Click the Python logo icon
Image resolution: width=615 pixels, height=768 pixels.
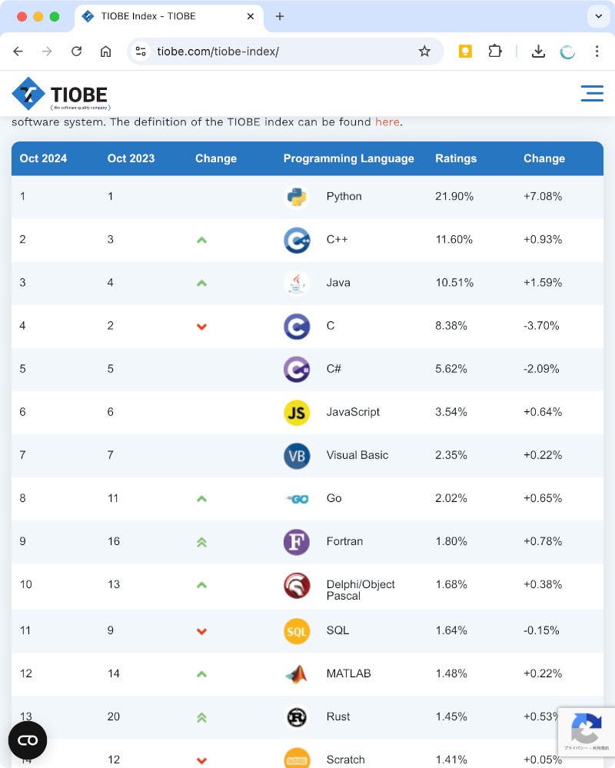[296, 197]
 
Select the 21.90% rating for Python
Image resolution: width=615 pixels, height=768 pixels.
[454, 197]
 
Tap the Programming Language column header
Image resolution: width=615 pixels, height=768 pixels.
[348, 158]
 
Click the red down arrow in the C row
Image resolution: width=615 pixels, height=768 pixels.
[201, 327]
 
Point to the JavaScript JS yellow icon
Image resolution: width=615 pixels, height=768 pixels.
[296, 413]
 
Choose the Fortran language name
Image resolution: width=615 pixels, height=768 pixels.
[344, 541]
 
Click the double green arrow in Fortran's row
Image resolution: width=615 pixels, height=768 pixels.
[201, 542]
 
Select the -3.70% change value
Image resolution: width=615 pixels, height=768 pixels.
[541, 326]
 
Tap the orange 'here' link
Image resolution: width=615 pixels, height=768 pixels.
[387, 122]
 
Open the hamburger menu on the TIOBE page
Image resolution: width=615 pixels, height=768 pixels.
[592, 94]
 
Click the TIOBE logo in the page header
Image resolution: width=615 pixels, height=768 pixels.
[60, 95]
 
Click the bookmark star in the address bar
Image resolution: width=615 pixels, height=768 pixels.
[424, 52]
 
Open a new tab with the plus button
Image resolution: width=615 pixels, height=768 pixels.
[280, 16]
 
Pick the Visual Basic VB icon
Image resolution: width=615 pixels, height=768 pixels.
[296, 456]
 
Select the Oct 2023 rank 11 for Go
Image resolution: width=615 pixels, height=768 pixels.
[113, 498]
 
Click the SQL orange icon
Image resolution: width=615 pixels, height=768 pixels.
[296, 631]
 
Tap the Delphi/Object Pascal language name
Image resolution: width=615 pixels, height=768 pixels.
[360, 590]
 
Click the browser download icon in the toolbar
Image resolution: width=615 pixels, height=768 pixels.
[538, 52]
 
